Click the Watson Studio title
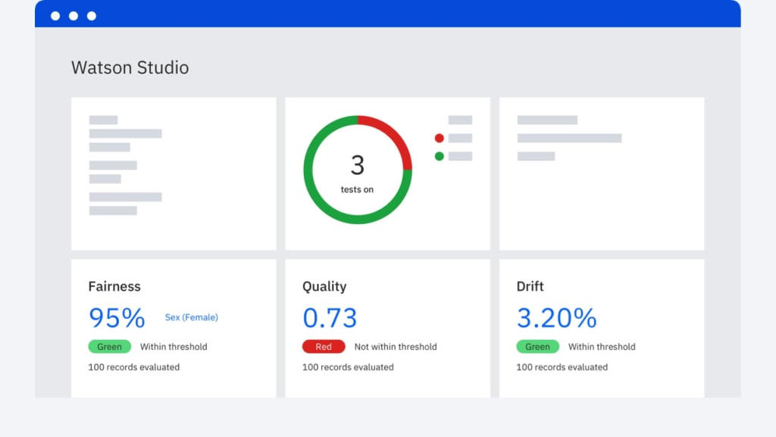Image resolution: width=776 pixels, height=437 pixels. pyautogui.click(x=130, y=67)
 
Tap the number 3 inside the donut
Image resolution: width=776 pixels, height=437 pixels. pyautogui.click(x=358, y=164)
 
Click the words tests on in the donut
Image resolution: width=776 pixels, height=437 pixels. pyautogui.click(x=357, y=189)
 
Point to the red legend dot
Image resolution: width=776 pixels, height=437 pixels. pyautogui.click(x=439, y=138)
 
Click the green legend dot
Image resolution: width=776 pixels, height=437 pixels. pyautogui.click(x=439, y=156)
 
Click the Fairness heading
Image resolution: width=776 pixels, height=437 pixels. pyautogui.click(x=114, y=286)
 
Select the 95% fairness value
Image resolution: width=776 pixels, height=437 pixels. pyautogui.click(x=117, y=318)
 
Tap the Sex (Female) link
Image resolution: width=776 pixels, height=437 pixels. pyautogui.click(x=191, y=317)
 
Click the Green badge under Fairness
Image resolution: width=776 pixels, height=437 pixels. pyautogui.click(x=109, y=347)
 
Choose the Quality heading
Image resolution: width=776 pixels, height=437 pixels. pyautogui.click(x=324, y=286)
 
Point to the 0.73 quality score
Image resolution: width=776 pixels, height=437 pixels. pyautogui.click(x=330, y=318)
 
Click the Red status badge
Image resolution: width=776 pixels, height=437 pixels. pyautogui.click(x=324, y=347)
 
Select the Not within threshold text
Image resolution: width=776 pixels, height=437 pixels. pyautogui.click(x=396, y=347)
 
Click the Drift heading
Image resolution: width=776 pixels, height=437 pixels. pyautogui.click(x=530, y=286)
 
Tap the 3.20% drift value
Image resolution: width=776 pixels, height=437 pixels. pyautogui.click(x=556, y=318)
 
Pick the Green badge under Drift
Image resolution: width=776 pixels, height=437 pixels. pyautogui.click(x=537, y=347)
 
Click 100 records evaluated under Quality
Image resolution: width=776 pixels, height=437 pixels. pyautogui.click(x=348, y=367)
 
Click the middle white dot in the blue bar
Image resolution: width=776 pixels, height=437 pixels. pyautogui.click(x=74, y=16)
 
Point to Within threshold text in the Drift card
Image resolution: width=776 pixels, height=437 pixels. pyautogui.click(x=602, y=347)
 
